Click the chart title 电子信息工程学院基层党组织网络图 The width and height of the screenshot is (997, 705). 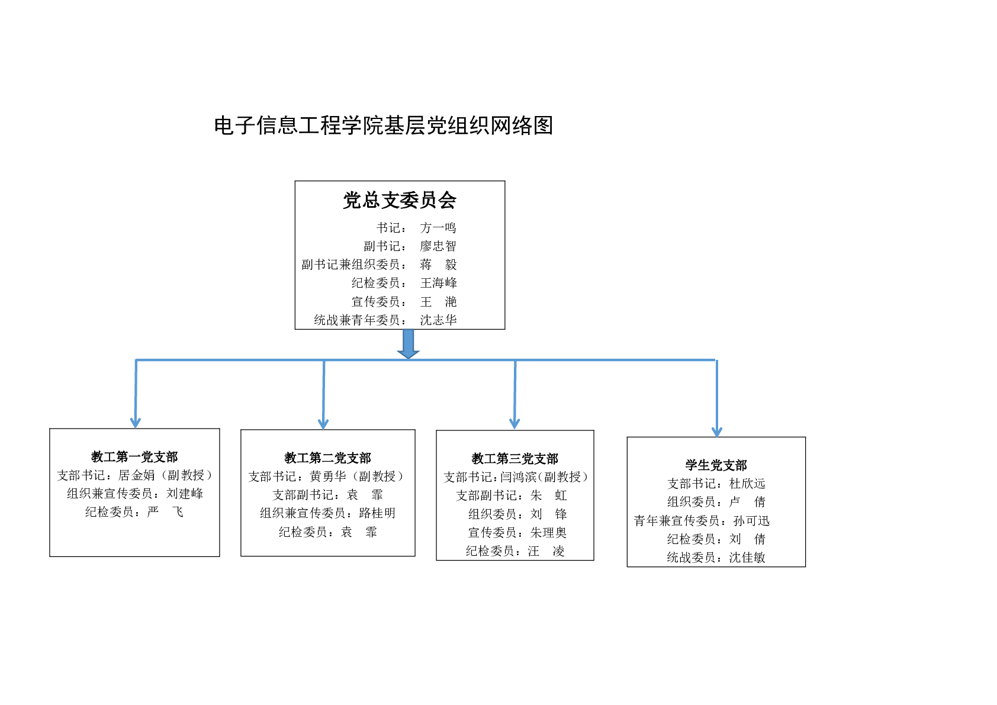click(x=383, y=125)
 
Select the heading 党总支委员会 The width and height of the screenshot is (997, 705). click(x=399, y=200)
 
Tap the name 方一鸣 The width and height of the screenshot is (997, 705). click(x=438, y=228)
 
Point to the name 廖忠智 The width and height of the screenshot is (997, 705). click(x=438, y=246)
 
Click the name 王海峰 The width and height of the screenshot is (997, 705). click(x=439, y=283)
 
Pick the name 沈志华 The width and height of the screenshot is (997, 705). click(x=439, y=320)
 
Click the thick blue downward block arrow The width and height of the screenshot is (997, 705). click(x=408, y=343)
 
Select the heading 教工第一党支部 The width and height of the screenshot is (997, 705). click(x=134, y=456)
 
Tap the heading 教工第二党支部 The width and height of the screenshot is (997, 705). click(x=327, y=458)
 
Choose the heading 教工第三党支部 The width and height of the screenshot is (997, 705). click(x=515, y=458)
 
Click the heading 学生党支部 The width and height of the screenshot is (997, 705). click(x=716, y=465)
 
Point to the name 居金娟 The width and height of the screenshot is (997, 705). click(x=136, y=475)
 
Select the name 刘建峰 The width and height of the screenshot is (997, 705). click(x=185, y=494)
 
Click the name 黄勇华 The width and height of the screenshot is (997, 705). click(x=328, y=477)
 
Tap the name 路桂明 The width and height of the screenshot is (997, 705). click(x=377, y=513)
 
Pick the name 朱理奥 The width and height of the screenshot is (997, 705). click(x=548, y=533)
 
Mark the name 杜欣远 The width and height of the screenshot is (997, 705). click(x=747, y=484)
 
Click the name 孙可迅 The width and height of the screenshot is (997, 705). click(x=751, y=521)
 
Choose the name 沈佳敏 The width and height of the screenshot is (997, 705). click(x=747, y=558)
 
